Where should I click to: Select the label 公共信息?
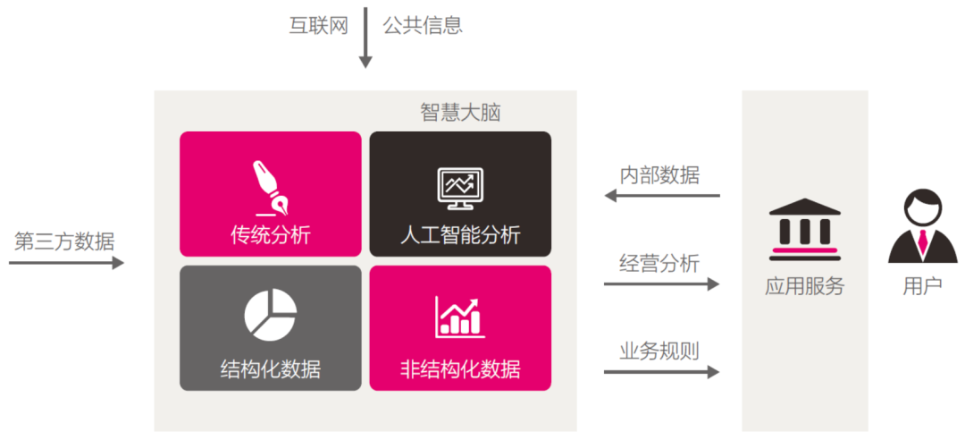pyautogui.click(x=423, y=25)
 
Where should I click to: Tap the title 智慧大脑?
pyautogui.click(x=460, y=113)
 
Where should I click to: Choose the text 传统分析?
pyautogui.click(x=271, y=236)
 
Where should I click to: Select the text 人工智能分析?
pyautogui.click(x=460, y=236)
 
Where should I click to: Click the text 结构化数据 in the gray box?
pyautogui.click(x=271, y=368)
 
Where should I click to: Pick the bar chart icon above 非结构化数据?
pyautogui.click(x=460, y=316)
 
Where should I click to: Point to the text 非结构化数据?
pyautogui.click(x=460, y=368)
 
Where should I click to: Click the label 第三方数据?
pyautogui.click(x=64, y=241)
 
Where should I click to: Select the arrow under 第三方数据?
pyautogui.click(x=67, y=263)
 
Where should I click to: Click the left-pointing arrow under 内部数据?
pyautogui.click(x=661, y=196)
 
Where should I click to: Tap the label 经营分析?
pyautogui.click(x=659, y=263)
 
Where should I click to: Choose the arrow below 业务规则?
pyautogui.click(x=661, y=371)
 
